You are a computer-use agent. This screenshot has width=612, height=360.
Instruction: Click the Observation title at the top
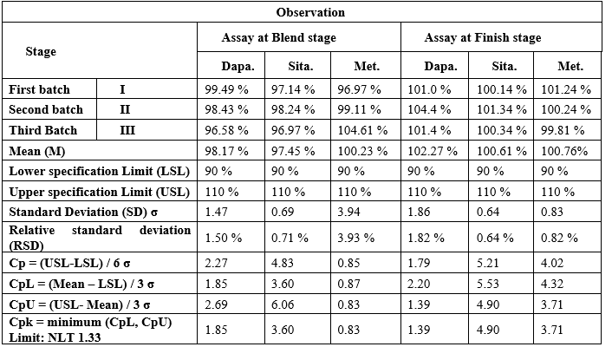coord(310,12)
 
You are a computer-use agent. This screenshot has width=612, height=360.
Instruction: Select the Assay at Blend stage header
coord(278,37)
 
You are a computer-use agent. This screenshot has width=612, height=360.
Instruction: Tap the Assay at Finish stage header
coord(483,37)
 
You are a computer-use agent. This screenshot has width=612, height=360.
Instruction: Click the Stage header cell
coord(41,51)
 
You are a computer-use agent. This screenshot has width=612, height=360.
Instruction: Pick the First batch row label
coord(39,89)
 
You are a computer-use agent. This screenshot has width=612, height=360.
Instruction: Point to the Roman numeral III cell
coord(127,130)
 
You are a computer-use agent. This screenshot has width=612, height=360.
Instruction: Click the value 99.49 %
coord(227,89)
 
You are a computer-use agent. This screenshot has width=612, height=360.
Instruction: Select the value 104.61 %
coord(362,130)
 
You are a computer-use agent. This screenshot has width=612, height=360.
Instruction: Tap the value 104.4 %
coord(429,109)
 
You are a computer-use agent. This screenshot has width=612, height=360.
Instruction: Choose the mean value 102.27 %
coord(433,151)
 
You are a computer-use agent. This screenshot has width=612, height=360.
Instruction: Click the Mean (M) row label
coord(37,151)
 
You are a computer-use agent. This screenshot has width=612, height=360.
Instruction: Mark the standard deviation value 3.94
coord(348,212)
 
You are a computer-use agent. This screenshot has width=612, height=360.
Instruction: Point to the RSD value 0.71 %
coord(290,238)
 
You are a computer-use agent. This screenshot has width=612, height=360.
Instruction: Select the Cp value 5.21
coord(487,262)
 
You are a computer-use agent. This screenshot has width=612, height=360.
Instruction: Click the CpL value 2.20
coord(419,283)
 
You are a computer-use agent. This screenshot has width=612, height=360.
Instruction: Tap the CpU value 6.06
coord(283,304)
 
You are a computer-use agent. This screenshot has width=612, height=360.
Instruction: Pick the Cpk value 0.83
coord(348,329)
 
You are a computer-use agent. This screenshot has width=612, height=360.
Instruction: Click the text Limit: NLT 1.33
coord(55,337)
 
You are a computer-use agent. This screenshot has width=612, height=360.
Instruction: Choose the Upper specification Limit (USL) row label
coord(99,192)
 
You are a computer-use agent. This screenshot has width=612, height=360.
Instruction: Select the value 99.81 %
coord(563,130)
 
